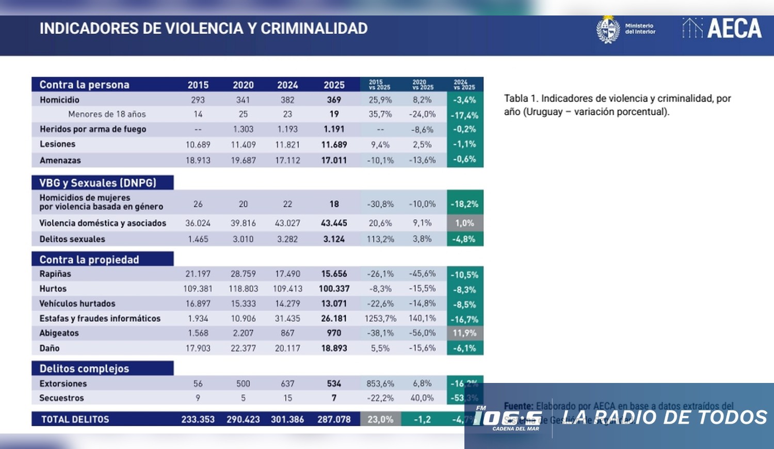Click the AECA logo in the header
click(x=722, y=28)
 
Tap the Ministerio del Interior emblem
click(x=608, y=29)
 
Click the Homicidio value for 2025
click(x=334, y=100)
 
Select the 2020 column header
click(x=243, y=85)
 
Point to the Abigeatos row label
click(x=59, y=333)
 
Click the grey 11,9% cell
click(x=464, y=333)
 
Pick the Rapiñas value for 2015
click(x=198, y=274)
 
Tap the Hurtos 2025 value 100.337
click(x=334, y=288)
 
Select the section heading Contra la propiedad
click(x=89, y=260)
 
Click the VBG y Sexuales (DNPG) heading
click(x=98, y=183)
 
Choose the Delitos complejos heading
click(x=84, y=368)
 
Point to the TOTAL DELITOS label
click(x=75, y=419)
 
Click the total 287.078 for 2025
click(x=334, y=419)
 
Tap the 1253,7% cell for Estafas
click(x=380, y=318)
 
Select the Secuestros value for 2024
click(x=287, y=398)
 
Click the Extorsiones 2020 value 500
click(x=243, y=383)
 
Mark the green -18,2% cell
click(x=464, y=204)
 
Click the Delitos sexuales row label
click(x=72, y=239)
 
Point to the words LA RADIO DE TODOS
click(x=665, y=417)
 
